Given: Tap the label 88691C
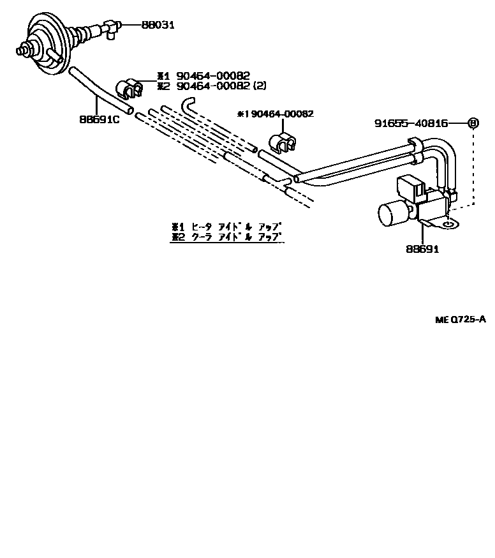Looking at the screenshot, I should tap(99, 119).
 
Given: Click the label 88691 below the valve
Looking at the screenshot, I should tap(422, 249).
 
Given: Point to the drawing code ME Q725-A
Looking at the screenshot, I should tap(461, 319).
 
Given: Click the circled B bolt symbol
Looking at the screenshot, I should tap(473, 123).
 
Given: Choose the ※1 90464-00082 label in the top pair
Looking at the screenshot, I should tap(204, 76).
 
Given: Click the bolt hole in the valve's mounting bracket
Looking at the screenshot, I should tap(451, 224).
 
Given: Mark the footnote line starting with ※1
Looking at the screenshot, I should tap(226, 227).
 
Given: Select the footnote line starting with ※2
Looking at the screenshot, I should tap(226, 237).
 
